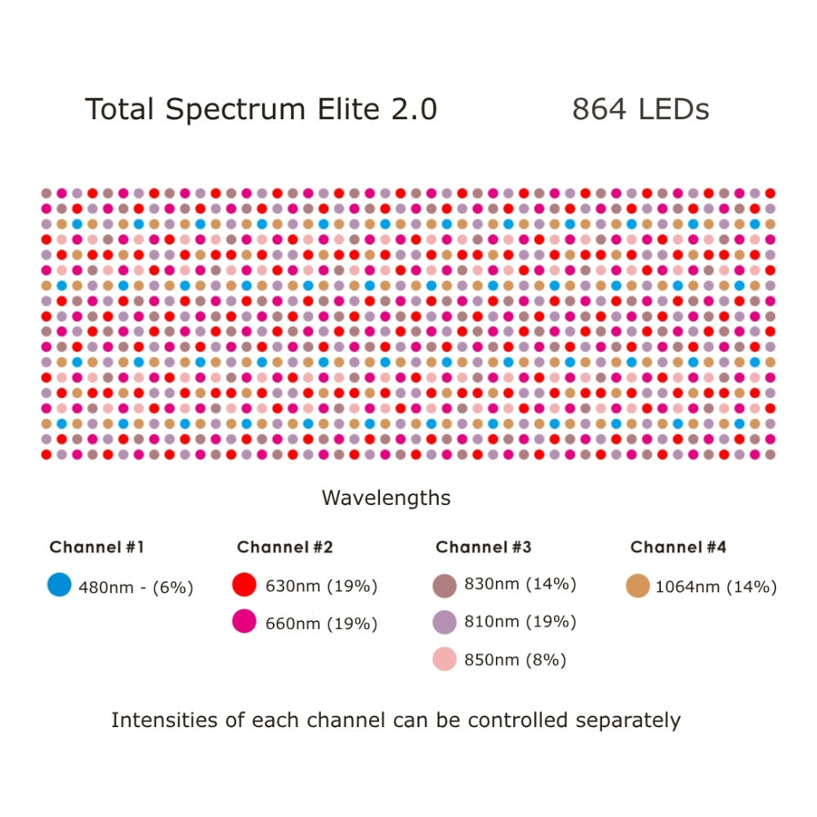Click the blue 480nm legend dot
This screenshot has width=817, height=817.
60,584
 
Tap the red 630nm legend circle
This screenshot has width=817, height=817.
245,585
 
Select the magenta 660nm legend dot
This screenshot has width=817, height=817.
245,623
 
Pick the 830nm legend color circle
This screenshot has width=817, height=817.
444,585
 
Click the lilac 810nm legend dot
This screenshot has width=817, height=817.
444,623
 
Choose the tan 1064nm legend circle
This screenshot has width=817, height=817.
637,586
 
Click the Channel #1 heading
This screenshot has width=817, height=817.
96,547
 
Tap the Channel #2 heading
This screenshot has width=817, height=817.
284,547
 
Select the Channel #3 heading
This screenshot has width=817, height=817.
483,547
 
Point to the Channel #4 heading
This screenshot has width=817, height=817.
678,547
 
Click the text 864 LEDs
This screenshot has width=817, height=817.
640,109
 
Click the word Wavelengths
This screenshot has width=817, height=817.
386,498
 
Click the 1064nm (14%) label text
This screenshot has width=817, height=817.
716,587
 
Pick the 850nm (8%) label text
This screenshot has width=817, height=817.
515,660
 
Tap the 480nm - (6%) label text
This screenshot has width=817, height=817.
136,587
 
